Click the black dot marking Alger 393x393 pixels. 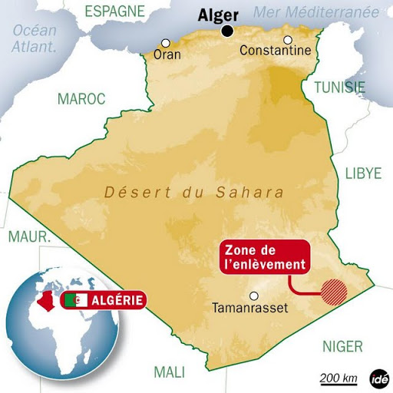coord(228,31)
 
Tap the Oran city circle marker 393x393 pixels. coord(165,43)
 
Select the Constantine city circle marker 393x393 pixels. coord(288,40)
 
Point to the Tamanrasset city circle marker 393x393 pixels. coord(254,296)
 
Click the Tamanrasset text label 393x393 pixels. coord(248,309)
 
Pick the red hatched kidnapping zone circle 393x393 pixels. coord(333,292)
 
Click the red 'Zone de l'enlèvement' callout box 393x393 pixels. coord(266,257)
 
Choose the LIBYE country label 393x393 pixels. coord(362,173)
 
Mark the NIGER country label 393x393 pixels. coord(342,346)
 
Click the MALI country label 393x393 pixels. coord(170,372)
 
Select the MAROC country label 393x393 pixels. coord(79,98)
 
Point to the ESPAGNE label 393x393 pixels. coord(114,11)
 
